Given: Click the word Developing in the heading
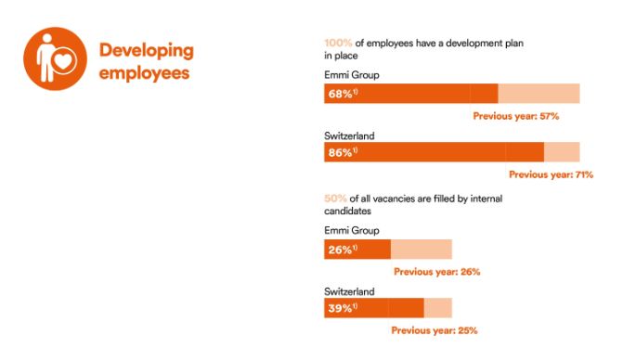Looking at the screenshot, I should [147, 49].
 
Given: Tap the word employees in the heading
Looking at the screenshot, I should [145, 71].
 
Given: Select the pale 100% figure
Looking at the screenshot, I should [337, 43].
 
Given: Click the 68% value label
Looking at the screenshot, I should [341, 94].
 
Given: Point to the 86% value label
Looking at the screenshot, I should [341, 152].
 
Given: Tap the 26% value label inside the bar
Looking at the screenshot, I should [341, 250].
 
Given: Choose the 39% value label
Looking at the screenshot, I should [341, 308].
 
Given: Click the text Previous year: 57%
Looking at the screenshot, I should [515, 116].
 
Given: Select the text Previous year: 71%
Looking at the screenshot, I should [551, 174].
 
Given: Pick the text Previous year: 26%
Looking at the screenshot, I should [436, 272].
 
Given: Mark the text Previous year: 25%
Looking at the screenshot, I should [434, 330].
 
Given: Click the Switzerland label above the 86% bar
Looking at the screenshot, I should [349, 135].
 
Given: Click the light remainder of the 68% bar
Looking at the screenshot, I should [539, 94].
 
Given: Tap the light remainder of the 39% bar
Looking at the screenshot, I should [437, 308].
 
